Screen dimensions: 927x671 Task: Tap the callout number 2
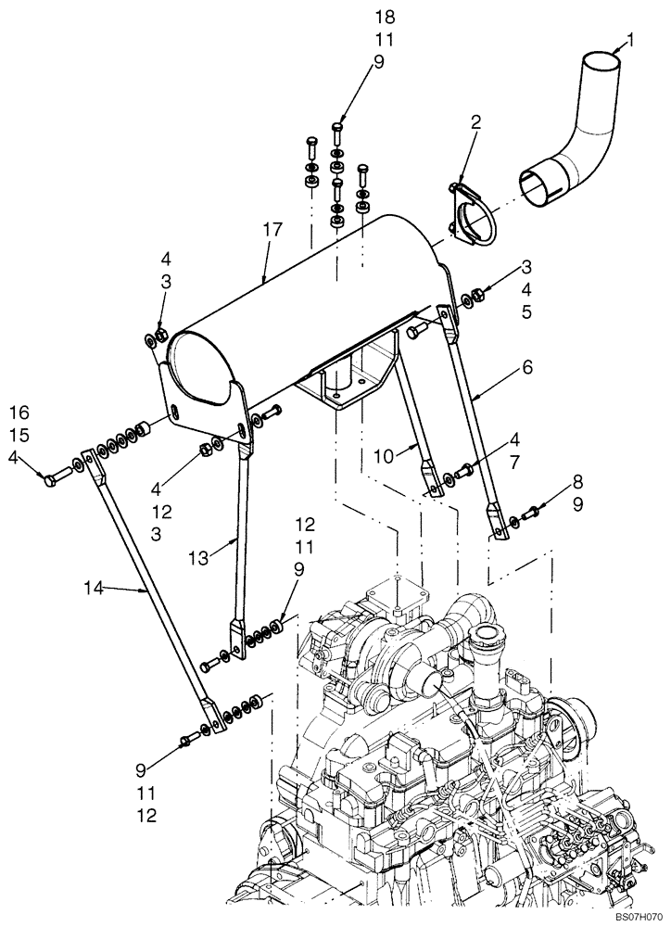pos(475,122)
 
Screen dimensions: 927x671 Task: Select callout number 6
pos(528,367)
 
